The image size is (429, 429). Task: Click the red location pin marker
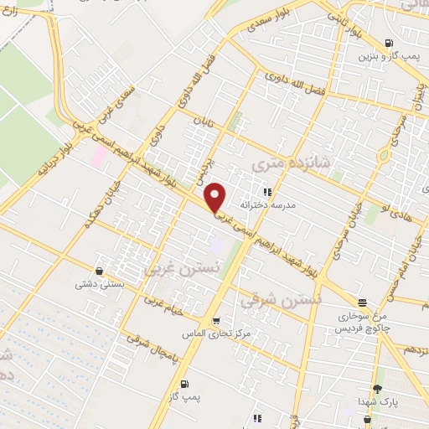click(216, 196)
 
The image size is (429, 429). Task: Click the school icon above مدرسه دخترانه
click(267, 192)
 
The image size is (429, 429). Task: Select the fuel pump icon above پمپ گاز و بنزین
click(388, 43)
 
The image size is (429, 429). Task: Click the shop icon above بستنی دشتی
click(100, 271)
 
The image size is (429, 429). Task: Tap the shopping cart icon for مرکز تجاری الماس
click(216, 320)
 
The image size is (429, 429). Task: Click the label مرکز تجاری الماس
click(212, 333)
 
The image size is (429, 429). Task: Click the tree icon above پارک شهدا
click(377, 388)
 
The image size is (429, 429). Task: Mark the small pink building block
click(99, 156)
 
